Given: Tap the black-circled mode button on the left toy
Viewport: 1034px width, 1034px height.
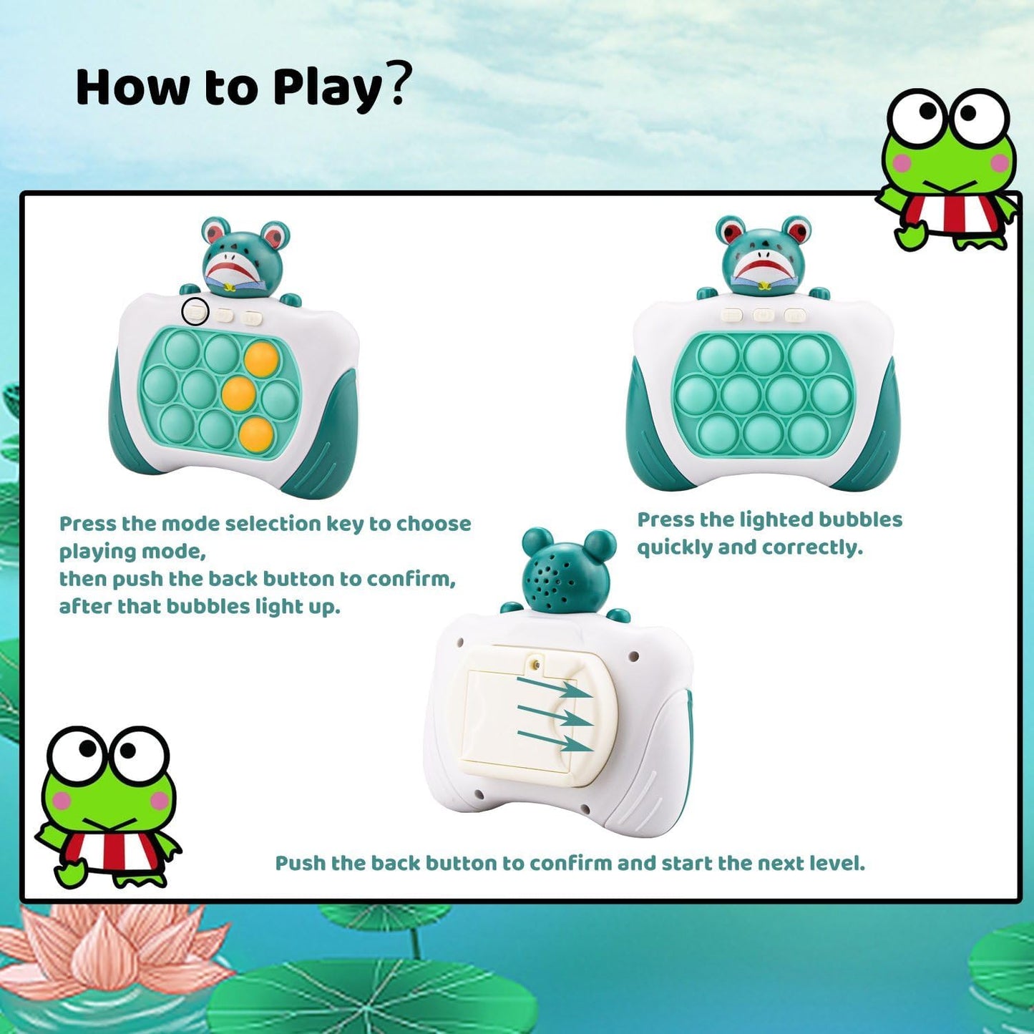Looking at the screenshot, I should click(x=195, y=312).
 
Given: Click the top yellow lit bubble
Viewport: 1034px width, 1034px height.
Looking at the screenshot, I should click(x=261, y=357).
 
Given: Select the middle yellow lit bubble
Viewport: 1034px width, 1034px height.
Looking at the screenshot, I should click(x=239, y=393).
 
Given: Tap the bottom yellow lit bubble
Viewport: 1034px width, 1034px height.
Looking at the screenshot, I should click(x=256, y=432).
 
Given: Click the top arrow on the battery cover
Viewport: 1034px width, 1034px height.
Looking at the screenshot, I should click(x=555, y=687).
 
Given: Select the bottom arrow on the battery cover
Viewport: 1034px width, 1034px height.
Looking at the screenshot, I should click(x=555, y=741).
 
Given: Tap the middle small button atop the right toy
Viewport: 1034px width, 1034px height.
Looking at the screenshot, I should click(x=764, y=314).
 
